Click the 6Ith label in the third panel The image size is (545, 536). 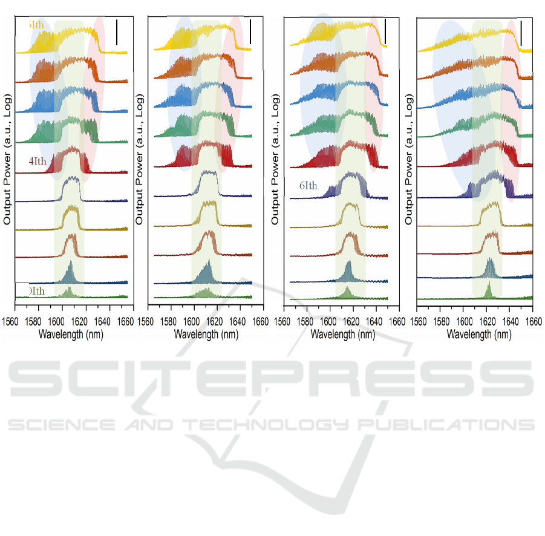[312, 186]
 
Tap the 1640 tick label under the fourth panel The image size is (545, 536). [510, 321]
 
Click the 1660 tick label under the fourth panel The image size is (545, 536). [532, 321]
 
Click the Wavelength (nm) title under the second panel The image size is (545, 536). [204, 334]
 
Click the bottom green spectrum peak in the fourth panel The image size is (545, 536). [488, 292]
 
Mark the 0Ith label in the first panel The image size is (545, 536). [35, 292]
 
